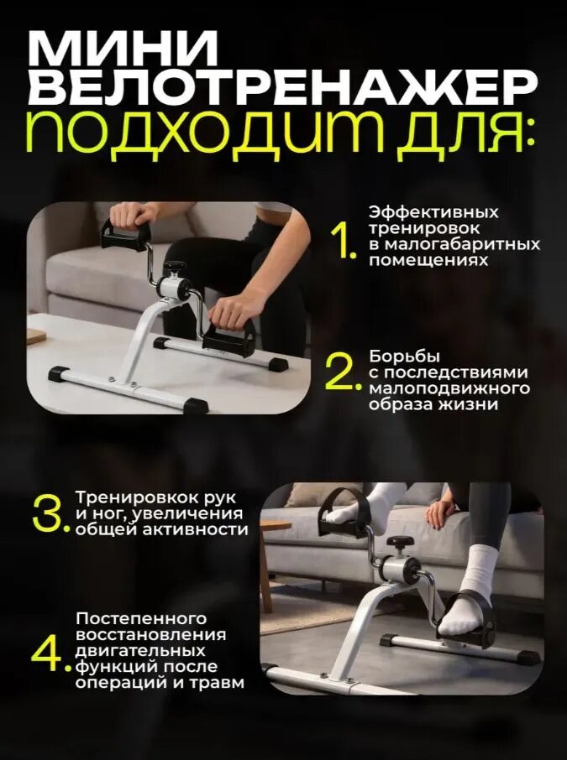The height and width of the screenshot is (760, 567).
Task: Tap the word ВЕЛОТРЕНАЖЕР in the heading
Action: coord(283,88)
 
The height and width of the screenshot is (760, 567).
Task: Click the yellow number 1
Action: coord(342,242)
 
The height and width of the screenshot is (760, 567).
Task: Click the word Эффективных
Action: coord(433,213)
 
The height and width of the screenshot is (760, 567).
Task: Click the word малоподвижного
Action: coord(449,388)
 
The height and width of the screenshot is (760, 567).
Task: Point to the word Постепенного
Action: coord(141,619)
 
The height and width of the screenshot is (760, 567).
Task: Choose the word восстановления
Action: coord(151,635)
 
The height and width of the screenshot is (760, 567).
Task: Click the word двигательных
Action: coord(140,651)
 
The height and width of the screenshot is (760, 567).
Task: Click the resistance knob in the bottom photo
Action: coord(400,542)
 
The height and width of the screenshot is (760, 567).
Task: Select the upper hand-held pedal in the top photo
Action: coord(125,235)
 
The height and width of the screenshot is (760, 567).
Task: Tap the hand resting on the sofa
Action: coord(440,514)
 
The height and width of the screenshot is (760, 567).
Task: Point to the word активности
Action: coord(195,529)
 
